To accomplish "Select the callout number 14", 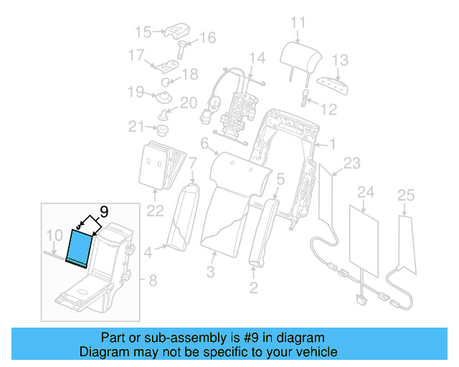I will click(256, 58).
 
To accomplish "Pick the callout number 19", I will click(136, 91).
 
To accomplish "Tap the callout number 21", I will click(136, 127).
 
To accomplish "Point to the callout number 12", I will click(328, 110).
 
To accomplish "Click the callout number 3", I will click(210, 272).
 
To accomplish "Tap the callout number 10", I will click(54, 235).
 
